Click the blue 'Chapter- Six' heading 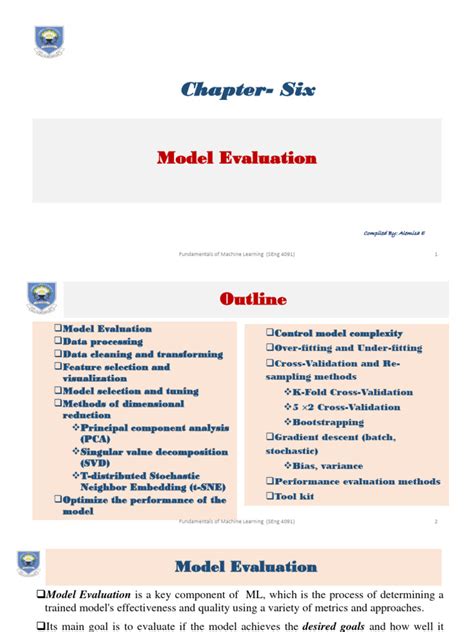pyautogui.click(x=247, y=91)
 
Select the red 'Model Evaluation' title pyautogui.click(x=238, y=158)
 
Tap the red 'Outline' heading pyautogui.click(x=252, y=300)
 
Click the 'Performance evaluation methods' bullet pyautogui.click(x=356, y=480)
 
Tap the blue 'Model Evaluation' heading pyautogui.click(x=246, y=567)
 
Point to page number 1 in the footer pyautogui.click(x=436, y=254)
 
